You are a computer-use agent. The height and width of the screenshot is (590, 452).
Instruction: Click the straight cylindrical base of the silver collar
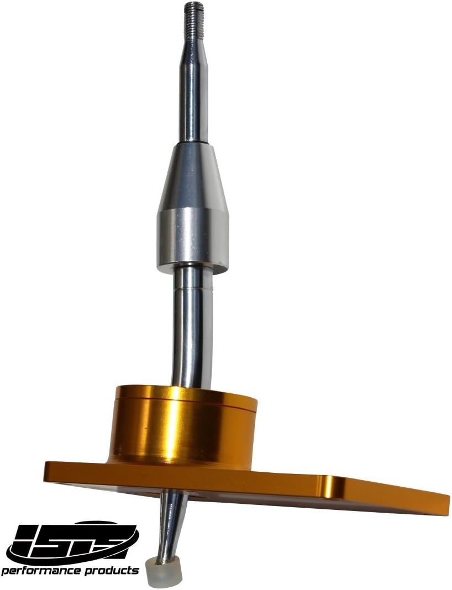pyautogui.click(x=193, y=238)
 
